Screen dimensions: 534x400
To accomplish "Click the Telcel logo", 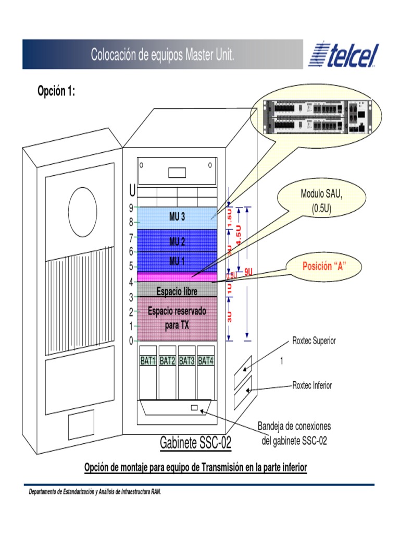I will (x=344, y=55).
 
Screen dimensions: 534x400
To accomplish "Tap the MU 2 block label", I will (x=177, y=241).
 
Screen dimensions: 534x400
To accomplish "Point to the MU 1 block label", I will (x=177, y=260).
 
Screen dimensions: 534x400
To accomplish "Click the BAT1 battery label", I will (x=148, y=360).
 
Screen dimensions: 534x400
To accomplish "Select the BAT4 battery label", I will (x=206, y=360).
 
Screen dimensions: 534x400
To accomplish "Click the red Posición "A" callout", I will (x=324, y=266).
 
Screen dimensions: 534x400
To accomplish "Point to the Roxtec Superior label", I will (x=314, y=341).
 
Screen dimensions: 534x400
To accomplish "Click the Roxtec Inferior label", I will (x=312, y=386).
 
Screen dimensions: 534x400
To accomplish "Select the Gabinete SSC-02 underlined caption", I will (x=195, y=443).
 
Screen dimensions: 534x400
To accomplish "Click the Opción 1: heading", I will (x=56, y=92).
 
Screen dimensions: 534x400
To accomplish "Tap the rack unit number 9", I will (x=131, y=208).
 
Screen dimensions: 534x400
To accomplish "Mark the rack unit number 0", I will (x=131, y=341).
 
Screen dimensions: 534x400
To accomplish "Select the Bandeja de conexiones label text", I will (x=294, y=427).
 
